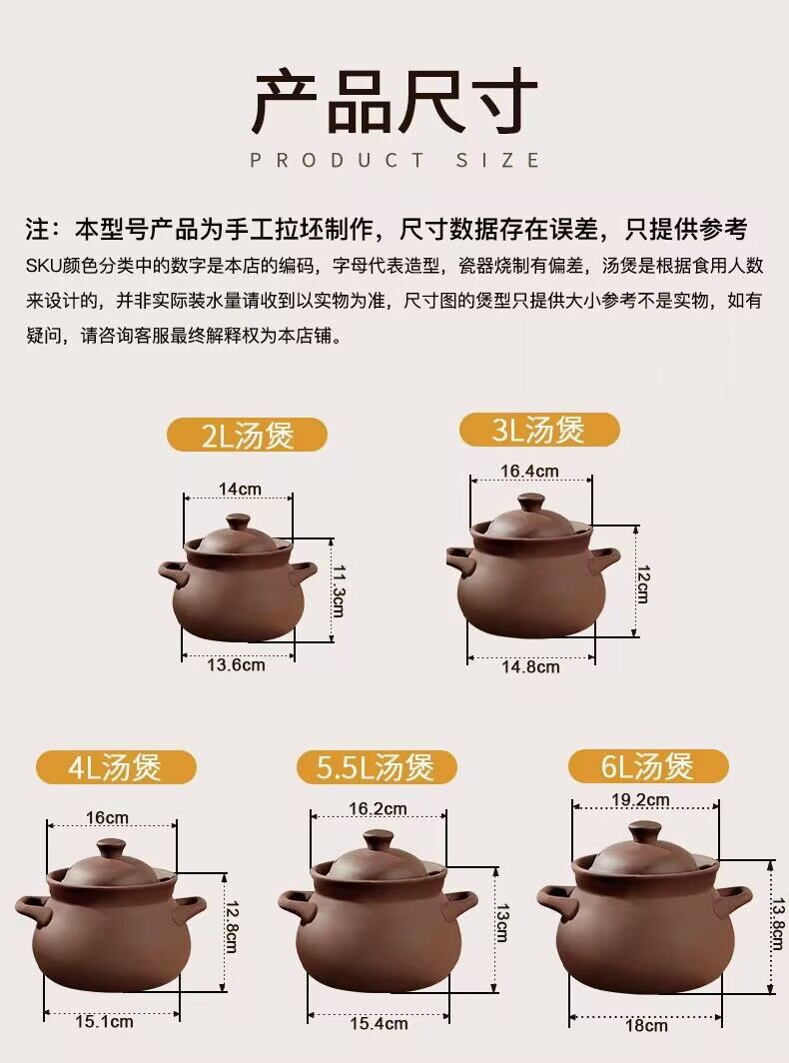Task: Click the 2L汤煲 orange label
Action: click(247, 436)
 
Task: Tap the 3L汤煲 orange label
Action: click(538, 431)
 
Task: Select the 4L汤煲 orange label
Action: click(115, 767)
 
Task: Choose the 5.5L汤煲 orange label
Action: click(377, 767)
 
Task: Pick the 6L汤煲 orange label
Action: click(647, 766)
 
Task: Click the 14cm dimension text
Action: click(240, 489)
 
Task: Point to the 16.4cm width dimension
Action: click(529, 472)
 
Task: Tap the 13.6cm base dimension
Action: click(238, 664)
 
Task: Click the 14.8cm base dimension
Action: click(530, 666)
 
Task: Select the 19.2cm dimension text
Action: click(641, 799)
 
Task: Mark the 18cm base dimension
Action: click(647, 1025)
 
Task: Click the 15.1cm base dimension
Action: click(105, 1021)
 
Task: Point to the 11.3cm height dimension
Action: click(338, 591)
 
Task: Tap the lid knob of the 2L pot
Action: click(239, 523)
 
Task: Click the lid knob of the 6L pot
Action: click(644, 832)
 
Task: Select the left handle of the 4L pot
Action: click(33, 909)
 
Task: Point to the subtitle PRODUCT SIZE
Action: click(394, 160)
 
